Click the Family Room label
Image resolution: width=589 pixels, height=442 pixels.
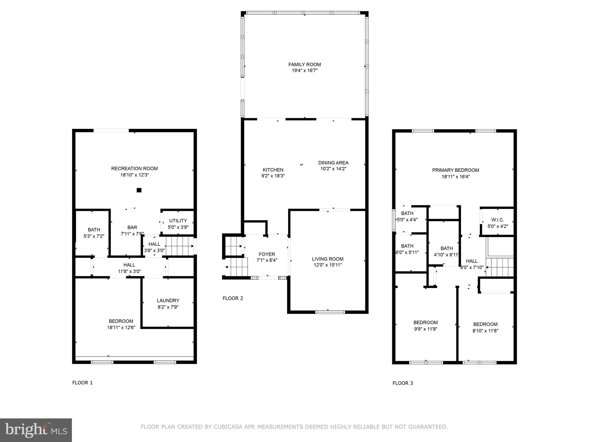tap(304, 64)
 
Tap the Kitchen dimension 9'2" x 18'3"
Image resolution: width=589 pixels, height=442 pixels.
tap(273, 176)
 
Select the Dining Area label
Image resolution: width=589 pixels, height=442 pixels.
tap(333, 163)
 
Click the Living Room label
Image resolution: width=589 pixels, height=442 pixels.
tap(328, 259)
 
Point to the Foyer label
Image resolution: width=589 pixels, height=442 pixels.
tap(267, 254)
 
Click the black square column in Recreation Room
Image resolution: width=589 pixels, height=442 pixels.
tap(139, 190)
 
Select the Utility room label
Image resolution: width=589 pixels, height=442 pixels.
tap(178, 220)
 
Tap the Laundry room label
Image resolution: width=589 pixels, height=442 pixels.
tap(168, 300)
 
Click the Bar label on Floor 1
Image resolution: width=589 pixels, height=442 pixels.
tap(132, 227)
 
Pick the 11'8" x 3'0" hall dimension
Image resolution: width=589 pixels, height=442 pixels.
tap(129, 271)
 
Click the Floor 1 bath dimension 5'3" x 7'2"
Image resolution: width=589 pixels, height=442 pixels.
tap(94, 236)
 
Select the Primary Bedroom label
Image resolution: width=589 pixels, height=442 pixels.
tap(455, 170)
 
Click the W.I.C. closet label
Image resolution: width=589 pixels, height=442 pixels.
tap(498, 220)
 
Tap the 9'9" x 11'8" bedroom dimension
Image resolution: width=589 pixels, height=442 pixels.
tap(425, 329)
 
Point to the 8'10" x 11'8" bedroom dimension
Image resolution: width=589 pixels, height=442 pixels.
tap(485, 331)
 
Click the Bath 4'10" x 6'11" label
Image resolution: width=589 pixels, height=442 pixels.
tap(446, 248)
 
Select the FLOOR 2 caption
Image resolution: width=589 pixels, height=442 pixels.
tap(233, 298)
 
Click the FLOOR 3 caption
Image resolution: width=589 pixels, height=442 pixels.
tap(402, 383)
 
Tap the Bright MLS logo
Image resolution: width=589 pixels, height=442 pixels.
tap(36, 430)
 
